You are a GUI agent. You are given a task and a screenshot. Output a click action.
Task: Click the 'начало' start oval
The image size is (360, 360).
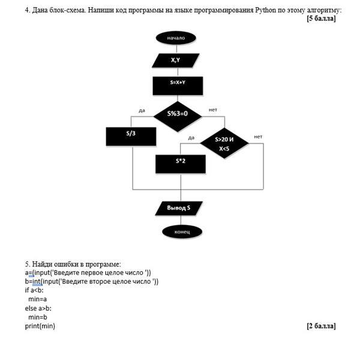pos(176,38)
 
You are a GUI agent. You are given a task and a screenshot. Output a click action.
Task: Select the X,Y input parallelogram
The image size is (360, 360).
pos(176,61)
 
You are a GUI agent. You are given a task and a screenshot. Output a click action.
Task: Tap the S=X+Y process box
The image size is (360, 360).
pos(178,86)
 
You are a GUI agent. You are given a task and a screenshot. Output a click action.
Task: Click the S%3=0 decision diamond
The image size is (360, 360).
pos(178,116)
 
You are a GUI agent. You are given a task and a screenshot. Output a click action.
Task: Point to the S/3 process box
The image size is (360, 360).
pos(131,136)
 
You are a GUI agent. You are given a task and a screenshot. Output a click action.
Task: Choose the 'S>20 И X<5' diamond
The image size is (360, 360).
pos(224,143)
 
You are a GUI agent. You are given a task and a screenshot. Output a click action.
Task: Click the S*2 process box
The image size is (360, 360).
pos(181,164)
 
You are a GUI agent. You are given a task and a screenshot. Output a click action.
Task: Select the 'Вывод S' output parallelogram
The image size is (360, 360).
pos(179,208)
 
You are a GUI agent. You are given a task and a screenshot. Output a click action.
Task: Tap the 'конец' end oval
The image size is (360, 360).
pos(182,232)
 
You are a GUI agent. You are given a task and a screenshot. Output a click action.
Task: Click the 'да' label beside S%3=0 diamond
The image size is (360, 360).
pos(142,110)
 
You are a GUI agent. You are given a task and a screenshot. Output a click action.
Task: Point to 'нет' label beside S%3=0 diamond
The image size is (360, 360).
pos(212,110)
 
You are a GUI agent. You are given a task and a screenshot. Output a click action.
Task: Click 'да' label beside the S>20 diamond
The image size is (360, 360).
pos(191,138)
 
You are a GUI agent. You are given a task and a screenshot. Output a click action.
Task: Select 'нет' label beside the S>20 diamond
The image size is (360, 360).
pos(258,137)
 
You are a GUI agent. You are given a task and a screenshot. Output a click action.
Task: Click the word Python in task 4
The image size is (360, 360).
pos(265,10)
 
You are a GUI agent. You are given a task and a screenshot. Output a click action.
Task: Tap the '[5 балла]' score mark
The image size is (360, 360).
pos(321,19)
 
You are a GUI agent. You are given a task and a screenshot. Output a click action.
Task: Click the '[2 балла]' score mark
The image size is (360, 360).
pos(321,326)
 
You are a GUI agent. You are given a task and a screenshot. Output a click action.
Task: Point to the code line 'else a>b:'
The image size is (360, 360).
pos(38,308)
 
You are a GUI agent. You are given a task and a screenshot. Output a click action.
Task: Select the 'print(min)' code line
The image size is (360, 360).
pos(40,326)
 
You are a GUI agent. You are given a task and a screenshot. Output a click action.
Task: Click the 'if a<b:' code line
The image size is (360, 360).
pos(34,290)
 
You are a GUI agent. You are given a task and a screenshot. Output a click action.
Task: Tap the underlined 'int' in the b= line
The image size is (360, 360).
pos(37,281)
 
